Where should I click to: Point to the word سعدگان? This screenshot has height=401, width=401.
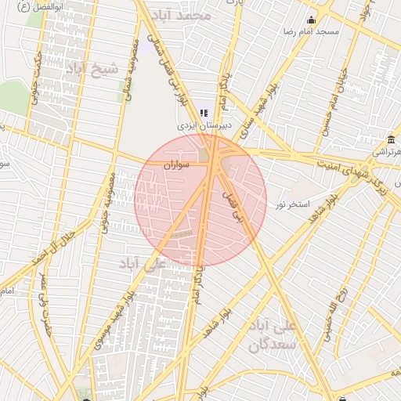273,343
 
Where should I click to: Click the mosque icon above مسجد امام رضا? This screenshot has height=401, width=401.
312,20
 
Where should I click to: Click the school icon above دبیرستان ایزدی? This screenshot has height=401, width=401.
204,113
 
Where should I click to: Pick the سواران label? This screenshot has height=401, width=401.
178,165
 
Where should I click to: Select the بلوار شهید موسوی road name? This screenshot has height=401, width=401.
112,323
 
